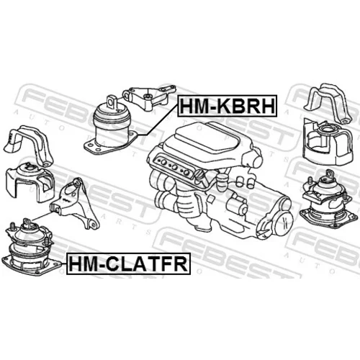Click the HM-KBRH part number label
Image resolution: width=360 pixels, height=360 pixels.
227,106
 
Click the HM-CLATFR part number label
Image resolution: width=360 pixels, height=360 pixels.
128,264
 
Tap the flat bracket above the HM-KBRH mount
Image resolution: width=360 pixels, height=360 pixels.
149,98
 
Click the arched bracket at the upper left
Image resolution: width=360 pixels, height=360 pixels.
29,145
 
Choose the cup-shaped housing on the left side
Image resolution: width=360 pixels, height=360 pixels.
30,182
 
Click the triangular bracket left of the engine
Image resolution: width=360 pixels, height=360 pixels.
75,204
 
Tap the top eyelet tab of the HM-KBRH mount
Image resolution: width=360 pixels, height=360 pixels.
112,102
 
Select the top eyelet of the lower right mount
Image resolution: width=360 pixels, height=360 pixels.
330,174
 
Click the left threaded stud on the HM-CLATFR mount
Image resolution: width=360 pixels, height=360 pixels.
12,227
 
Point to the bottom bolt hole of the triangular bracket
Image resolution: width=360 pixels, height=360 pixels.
92,225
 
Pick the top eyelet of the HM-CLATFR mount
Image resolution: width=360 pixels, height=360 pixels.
27,222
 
